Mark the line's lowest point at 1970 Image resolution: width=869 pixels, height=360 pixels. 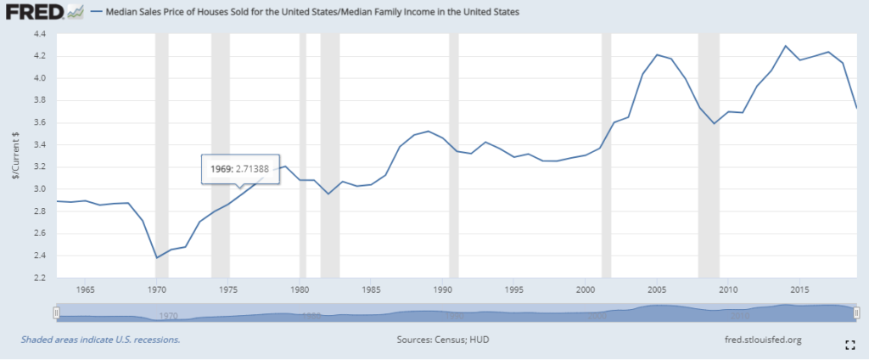click(x=156, y=257)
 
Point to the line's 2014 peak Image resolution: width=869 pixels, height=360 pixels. click(x=786, y=46)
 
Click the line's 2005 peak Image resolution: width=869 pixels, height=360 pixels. click(x=657, y=54)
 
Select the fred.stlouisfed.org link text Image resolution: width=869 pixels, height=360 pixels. click(x=760, y=340)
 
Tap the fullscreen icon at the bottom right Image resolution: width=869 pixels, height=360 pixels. click(x=849, y=344)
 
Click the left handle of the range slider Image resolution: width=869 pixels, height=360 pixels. click(x=56, y=312)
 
